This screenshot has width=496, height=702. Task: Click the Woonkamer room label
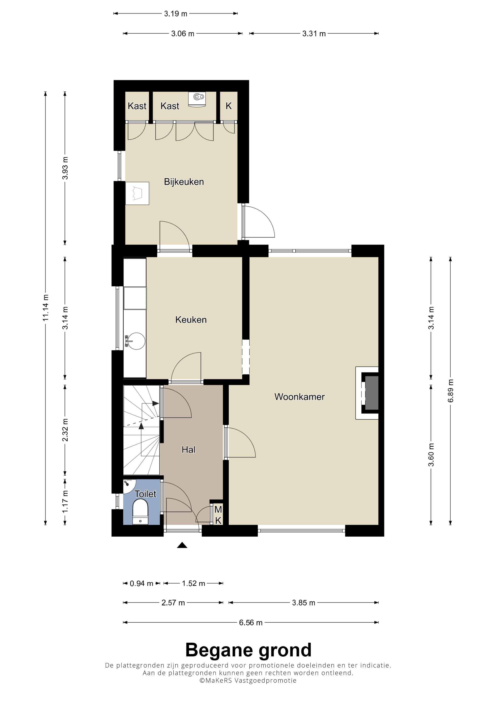click(299, 397)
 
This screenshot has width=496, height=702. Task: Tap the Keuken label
click(191, 320)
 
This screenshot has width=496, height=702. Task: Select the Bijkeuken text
click(184, 182)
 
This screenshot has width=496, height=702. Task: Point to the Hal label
click(188, 449)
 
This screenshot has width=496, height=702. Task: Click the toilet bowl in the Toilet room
click(140, 512)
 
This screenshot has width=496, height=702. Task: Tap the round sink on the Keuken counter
click(136, 341)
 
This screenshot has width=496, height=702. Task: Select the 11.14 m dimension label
click(46, 308)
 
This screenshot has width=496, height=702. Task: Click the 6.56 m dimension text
click(251, 623)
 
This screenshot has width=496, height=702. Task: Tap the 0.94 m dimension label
click(141, 583)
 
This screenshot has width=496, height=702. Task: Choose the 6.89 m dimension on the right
click(450, 391)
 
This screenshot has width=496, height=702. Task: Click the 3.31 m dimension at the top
click(314, 34)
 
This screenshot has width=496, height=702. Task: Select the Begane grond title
click(248, 650)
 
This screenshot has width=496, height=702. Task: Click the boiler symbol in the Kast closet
click(197, 99)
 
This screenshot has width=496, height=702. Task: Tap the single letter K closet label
click(229, 106)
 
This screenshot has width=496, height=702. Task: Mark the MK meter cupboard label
click(218, 515)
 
